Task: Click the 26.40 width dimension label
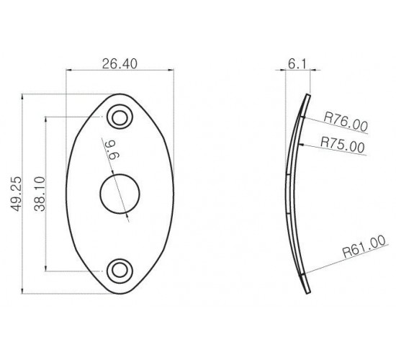coord(120,64)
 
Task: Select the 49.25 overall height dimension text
coord(16,194)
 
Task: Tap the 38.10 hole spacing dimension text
coord(40,194)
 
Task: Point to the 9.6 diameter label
coord(112,150)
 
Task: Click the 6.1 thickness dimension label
coord(297,64)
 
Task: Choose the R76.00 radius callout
coord(345,122)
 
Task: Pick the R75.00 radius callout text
coord(343,145)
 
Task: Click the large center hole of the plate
coord(120,194)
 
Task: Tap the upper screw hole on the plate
coord(120,117)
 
